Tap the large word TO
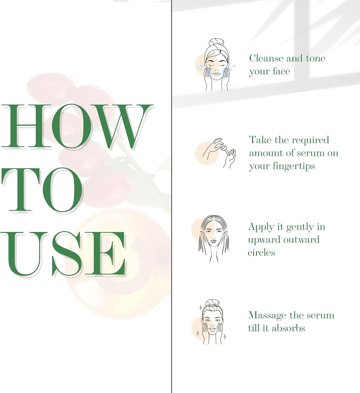point(42,190)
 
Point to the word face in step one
point(281,71)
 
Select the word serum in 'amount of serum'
point(310,153)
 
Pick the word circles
point(261,252)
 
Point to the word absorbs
point(288,328)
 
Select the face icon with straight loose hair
point(213,239)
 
